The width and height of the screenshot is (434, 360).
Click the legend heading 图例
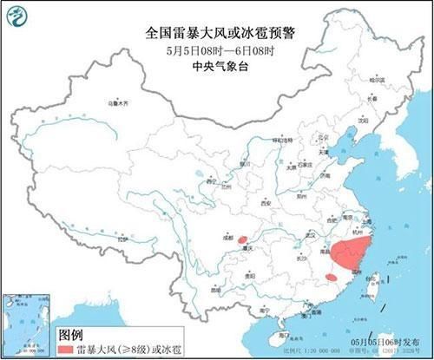(x=71, y=333)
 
